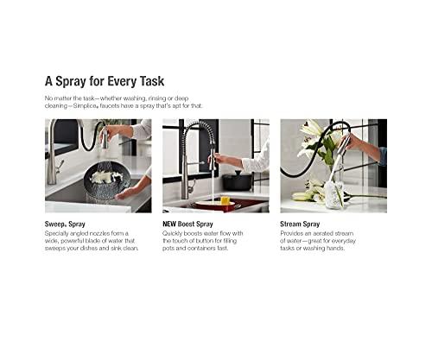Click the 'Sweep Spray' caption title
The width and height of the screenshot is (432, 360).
[x=67, y=223]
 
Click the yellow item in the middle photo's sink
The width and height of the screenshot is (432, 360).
[x=226, y=204]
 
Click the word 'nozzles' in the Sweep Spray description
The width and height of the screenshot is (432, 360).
[x=108, y=232]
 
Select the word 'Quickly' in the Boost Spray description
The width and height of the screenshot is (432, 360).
[x=175, y=232]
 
